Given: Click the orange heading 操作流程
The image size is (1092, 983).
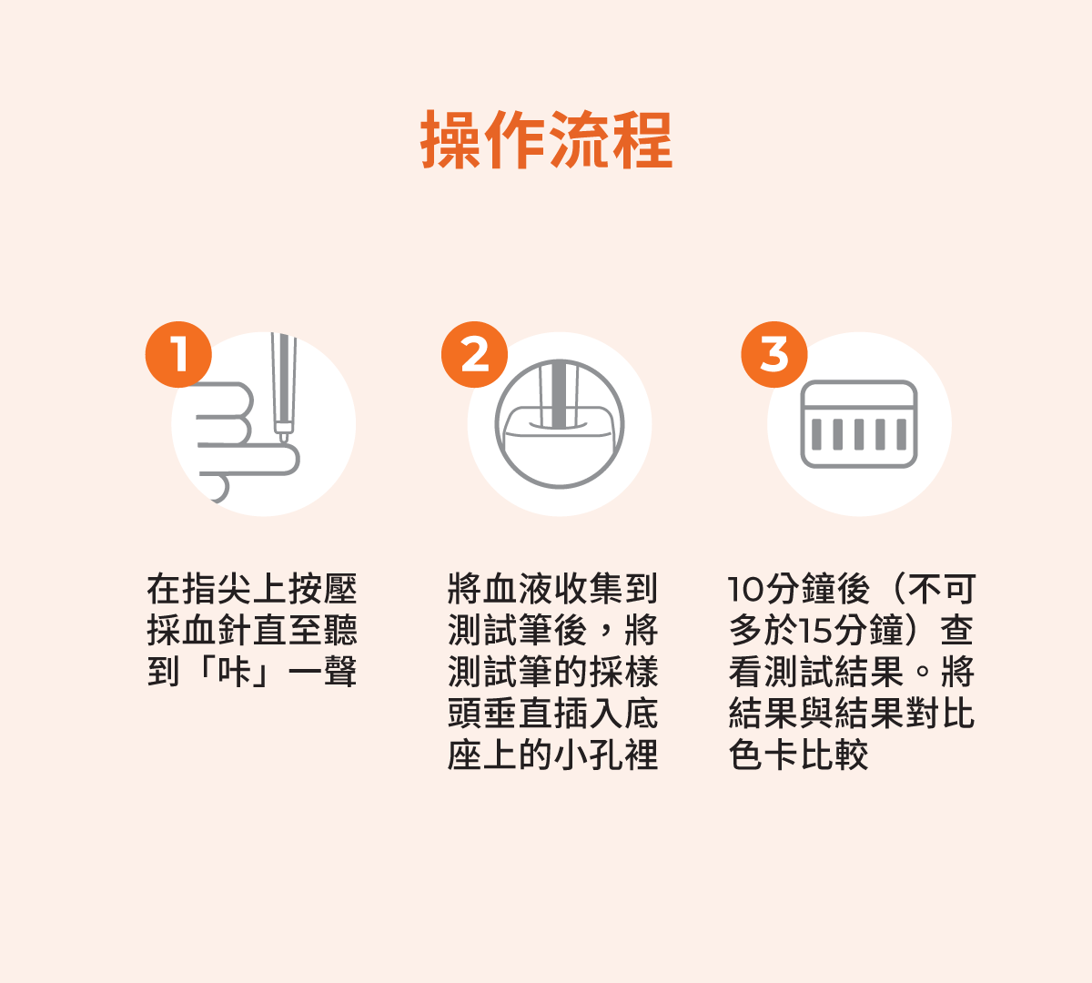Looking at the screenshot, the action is pyautogui.click(x=547, y=139).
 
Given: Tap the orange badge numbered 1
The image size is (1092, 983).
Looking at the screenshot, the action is pyautogui.click(x=178, y=355).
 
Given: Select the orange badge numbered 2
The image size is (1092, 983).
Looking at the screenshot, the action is pyautogui.click(x=475, y=355).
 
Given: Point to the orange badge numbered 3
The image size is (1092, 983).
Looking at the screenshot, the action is pyautogui.click(x=774, y=355).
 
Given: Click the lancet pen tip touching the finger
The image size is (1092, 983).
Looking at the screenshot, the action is pyautogui.click(x=283, y=437).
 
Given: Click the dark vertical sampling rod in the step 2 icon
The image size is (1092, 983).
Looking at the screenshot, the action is pyautogui.click(x=559, y=393).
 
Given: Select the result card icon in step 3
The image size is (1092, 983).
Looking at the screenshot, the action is pyautogui.click(x=859, y=424).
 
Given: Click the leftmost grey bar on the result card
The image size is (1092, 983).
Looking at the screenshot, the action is pyautogui.click(x=816, y=434).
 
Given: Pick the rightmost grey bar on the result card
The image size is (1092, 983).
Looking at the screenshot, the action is pyautogui.click(x=902, y=434).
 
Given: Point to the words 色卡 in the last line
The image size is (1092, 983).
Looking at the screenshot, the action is pyautogui.click(x=763, y=755).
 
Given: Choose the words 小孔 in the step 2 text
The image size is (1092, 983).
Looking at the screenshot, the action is pyautogui.click(x=588, y=755).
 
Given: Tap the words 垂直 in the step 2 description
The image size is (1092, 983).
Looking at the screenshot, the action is pyautogui.click(x=518, y=714).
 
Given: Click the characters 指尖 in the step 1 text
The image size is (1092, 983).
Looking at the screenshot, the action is pyautogui.click(x=217, y=589).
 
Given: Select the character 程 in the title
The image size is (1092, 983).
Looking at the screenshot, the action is pyautogui.click(x=642, y=139).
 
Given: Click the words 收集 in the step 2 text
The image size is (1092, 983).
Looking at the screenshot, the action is pyautogui.click(x=588, y=589).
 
